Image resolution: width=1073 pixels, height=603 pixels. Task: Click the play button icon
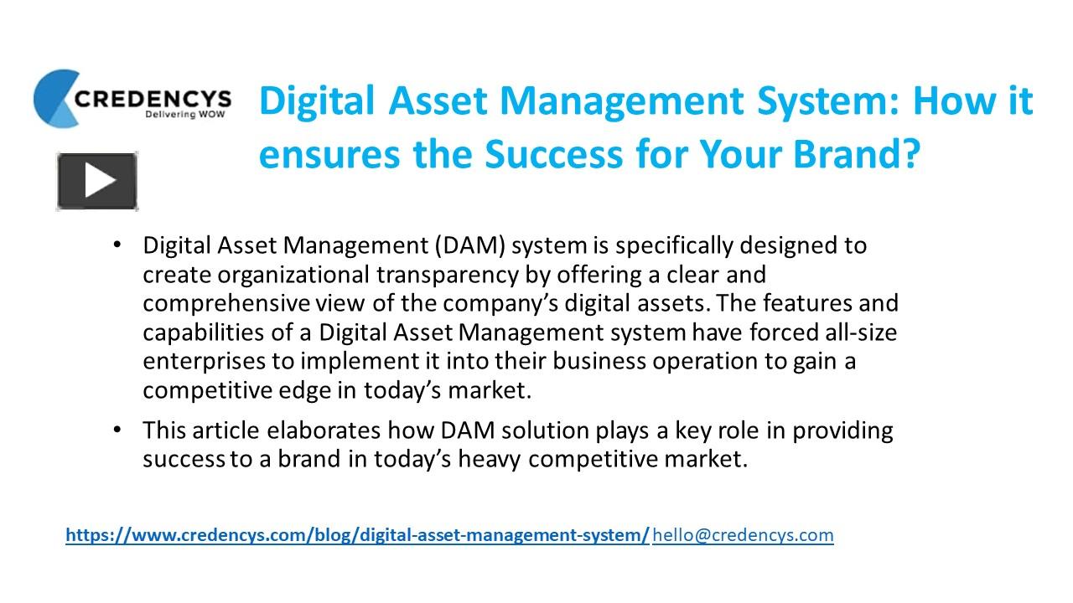point(97,181)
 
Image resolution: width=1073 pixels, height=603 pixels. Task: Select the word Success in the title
point(525,153)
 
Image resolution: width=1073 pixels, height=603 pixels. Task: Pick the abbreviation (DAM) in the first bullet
point(469,245)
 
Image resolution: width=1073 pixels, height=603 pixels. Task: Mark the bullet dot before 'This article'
point(117,430)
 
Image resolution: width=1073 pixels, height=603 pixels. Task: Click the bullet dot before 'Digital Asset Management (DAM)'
point(117,245)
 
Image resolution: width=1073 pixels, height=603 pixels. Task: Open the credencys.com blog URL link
point(357,534)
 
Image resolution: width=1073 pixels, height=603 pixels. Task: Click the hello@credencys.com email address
point(743,534)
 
